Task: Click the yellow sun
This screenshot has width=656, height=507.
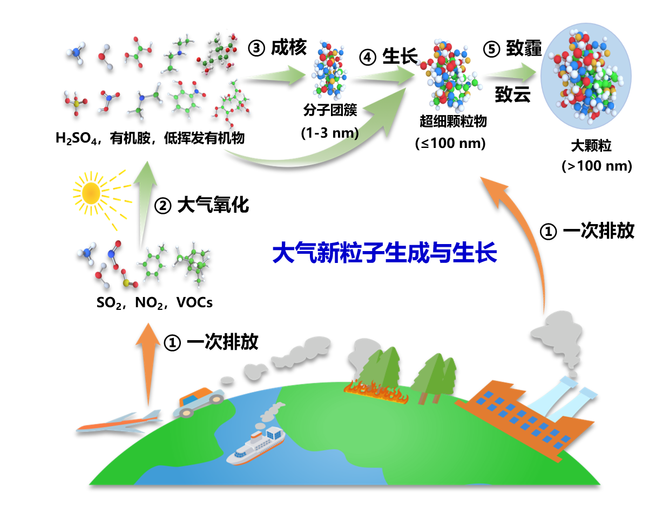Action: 91,193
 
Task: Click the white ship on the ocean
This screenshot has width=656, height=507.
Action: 256,445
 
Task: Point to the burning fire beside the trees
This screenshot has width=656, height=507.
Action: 376,392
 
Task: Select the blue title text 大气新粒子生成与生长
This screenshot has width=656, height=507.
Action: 384,253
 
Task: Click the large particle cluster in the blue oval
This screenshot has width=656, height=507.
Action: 586,76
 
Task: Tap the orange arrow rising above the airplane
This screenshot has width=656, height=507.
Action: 148,362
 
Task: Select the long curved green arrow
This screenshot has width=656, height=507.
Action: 324,146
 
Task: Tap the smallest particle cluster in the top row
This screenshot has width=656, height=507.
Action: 328,70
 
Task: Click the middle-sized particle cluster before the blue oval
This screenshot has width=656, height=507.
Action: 448,76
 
